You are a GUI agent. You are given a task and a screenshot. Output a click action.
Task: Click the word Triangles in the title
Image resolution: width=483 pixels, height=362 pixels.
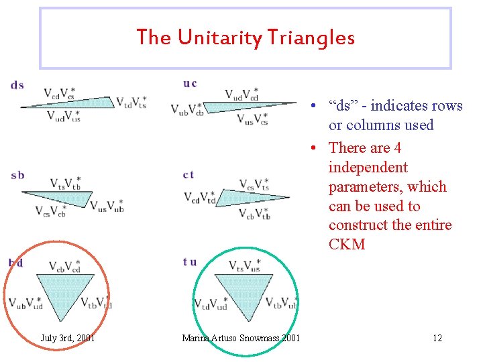pyautogui.click(x=313, y=38)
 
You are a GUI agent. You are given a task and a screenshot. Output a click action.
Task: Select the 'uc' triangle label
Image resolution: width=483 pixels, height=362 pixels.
pyautogui.click(x=190, y=84)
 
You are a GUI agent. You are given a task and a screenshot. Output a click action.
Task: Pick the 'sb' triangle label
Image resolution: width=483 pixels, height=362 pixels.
pyautogui.click(x=18, y=176)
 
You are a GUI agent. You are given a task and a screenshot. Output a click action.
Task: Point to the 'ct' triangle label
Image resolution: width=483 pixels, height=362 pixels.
pyautogui.click(x=189, y=175)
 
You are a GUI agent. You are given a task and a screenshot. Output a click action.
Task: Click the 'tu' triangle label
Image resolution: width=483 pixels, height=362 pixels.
pyautogui.click(x=190, y=262)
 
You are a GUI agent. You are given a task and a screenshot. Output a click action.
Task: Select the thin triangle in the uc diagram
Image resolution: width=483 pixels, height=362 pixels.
pyautogui.click(x=255, y=107)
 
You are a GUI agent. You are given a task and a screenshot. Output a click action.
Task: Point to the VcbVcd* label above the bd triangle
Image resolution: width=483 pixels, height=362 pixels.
pyautogui.click(x=65, y=267)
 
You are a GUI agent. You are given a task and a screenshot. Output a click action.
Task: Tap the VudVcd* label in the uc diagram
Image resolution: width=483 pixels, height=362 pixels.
pyautogui.click(x=241, y=95)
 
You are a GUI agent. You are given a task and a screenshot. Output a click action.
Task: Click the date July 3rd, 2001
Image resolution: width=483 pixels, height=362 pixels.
pyautogui.click(x=68, y=338)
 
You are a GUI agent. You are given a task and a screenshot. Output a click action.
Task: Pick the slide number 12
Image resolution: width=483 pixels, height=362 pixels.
pyautogui.click(x=437, y=338)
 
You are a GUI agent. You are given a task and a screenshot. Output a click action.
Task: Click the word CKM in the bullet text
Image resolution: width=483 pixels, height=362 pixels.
pyautogui.click(x=347, y=244)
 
